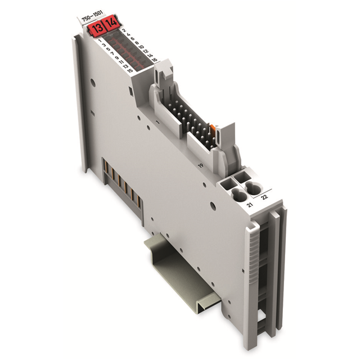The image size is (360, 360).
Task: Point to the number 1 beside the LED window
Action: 100,41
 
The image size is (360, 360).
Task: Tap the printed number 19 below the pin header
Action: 200,165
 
